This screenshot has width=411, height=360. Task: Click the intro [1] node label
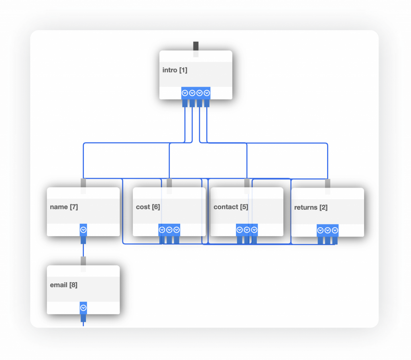point(175,70)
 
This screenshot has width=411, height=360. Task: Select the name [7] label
point(64,207)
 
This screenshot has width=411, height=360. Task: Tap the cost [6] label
point(148,207)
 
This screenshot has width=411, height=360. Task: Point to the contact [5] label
point(231,207)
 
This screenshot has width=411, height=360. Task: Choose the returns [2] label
point(311,207)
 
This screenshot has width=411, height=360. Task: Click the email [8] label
point(63,285)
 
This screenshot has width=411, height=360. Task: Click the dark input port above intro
point(196,46)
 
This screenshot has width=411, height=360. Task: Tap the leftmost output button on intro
point(185,93)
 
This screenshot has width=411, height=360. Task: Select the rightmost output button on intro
point(207,93)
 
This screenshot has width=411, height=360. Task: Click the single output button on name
point(83,230)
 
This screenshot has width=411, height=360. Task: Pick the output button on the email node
point(83,308)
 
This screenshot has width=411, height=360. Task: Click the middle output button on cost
point(169,230)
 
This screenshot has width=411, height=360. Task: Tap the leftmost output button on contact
point(240,230)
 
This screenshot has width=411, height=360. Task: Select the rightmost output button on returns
point(335,231)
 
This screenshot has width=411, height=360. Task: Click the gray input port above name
point(83,183)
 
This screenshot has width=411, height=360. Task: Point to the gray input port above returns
point(328,184)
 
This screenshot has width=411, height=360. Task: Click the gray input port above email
point(83,261)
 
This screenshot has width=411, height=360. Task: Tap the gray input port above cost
point(169,183)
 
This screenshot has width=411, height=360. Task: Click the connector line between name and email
point(83,250)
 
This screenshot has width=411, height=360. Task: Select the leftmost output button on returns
point(320,231)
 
